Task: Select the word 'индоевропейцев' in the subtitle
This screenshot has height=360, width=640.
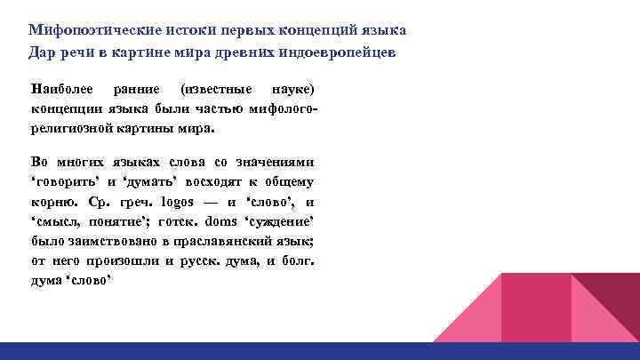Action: pos(335,52)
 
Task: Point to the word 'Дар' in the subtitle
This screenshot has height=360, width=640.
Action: pos(42,52)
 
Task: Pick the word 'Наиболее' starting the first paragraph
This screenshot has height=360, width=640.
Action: pos(59,90)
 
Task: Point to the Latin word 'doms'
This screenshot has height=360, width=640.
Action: pos(222,221)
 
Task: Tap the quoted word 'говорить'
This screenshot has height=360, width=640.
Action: pos(62,182)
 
